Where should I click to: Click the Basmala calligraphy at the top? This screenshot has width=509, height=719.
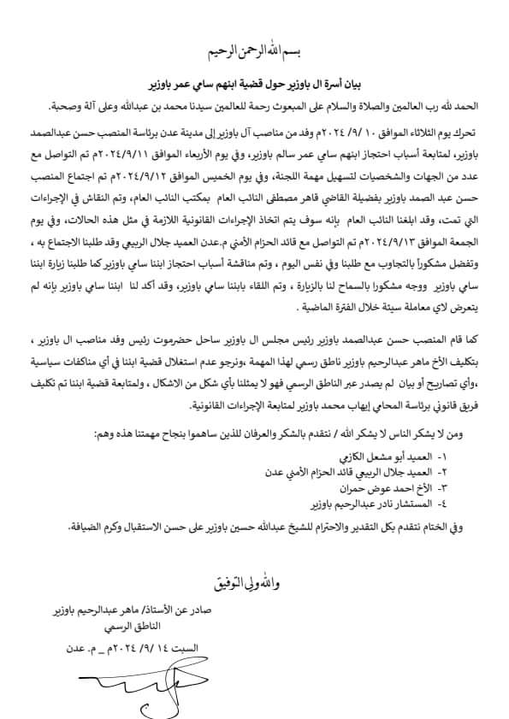point(255,52)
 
